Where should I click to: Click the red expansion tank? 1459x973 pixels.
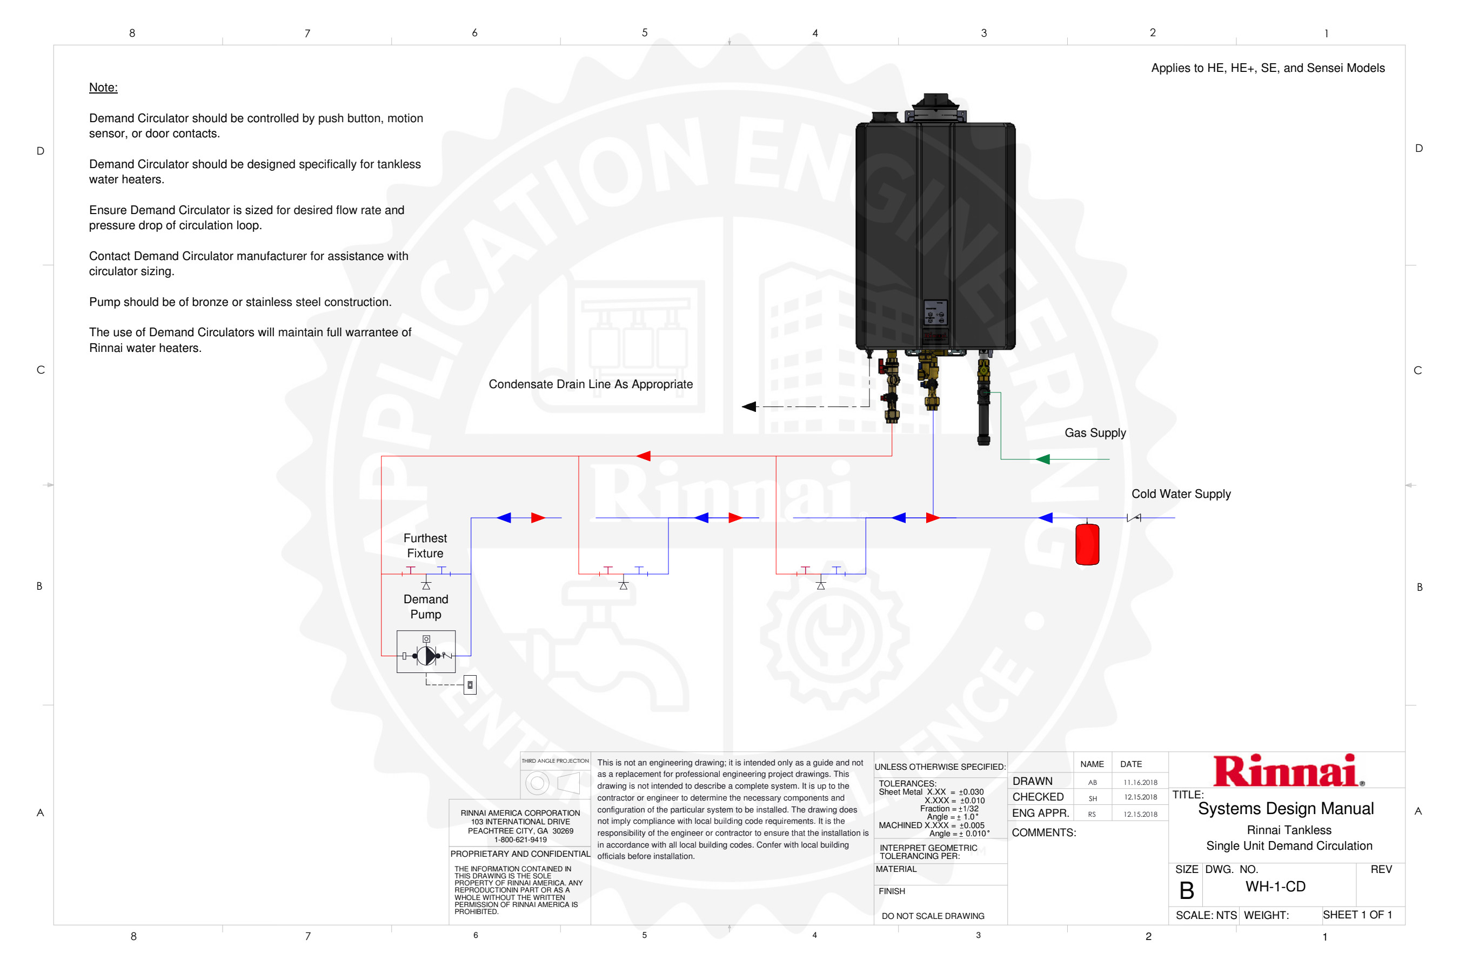click(1087, 544)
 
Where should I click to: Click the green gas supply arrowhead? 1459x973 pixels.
click(1043, 459)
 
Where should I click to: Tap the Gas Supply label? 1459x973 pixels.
click(1095, 433)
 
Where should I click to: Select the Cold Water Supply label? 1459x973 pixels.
click(1181, 494)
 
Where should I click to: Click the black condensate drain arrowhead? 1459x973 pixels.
click(749, 406)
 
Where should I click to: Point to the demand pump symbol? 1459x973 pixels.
click(426, 655)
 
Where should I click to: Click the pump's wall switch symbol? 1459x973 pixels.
click(470, 684)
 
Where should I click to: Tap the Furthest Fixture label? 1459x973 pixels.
click(425, 545)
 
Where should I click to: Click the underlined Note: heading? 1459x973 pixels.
click(103, 88)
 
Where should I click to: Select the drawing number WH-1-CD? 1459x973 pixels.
click(1275, 887)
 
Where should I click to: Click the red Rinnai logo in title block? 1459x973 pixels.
click(1287, 771)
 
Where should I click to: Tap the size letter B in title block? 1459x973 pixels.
click(1186, 891)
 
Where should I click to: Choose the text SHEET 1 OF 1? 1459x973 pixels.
click(1357, 915)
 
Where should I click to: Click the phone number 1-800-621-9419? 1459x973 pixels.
click(520, 839)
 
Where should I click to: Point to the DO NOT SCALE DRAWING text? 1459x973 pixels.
click(932, 916)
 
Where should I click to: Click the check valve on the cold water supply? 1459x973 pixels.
click(1133, 517)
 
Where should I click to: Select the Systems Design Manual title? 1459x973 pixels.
click(1286, 809)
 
